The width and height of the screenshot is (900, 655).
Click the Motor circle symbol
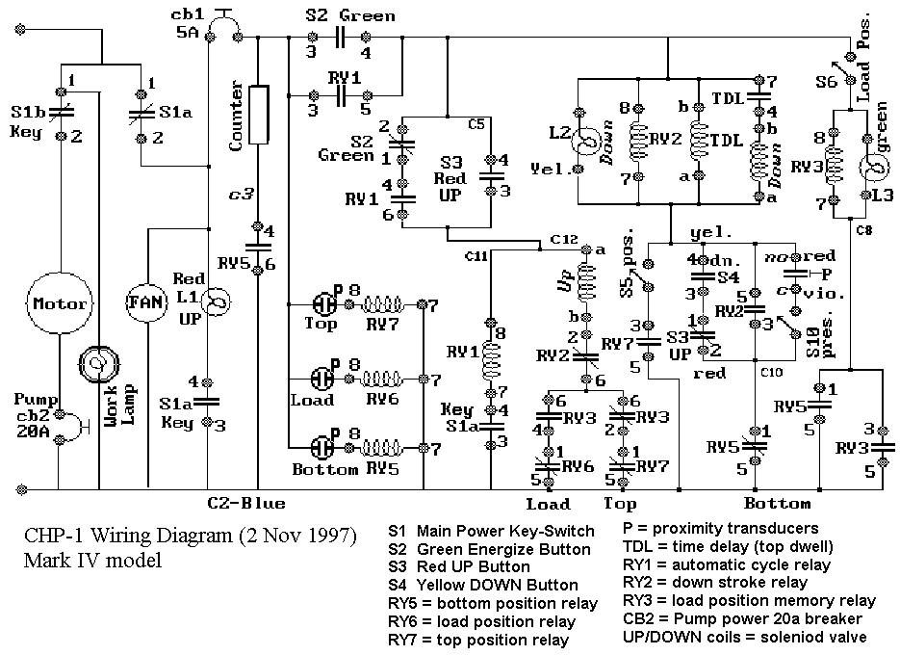(x=61, y=303)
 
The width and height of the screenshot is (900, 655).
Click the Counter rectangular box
(x=258, y=113)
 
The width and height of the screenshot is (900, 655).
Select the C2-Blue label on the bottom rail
(x=246, y=503)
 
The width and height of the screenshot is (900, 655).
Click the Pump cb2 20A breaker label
(x=31, y=414)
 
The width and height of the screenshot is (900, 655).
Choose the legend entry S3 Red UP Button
(x=459, y=566)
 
